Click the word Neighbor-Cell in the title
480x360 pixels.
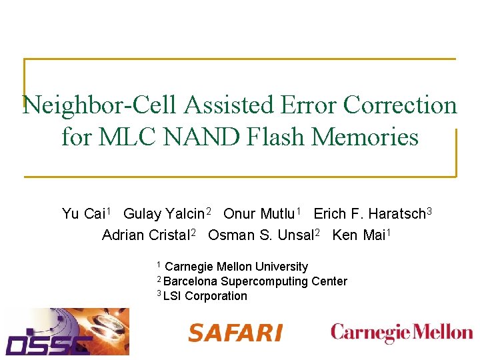101,105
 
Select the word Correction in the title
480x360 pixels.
399,105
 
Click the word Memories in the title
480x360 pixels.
365,137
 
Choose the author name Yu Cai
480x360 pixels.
83,214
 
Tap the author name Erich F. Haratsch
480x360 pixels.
370,214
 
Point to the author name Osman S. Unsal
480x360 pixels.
261,235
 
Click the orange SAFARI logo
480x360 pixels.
235,333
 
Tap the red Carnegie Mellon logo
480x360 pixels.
401,332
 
